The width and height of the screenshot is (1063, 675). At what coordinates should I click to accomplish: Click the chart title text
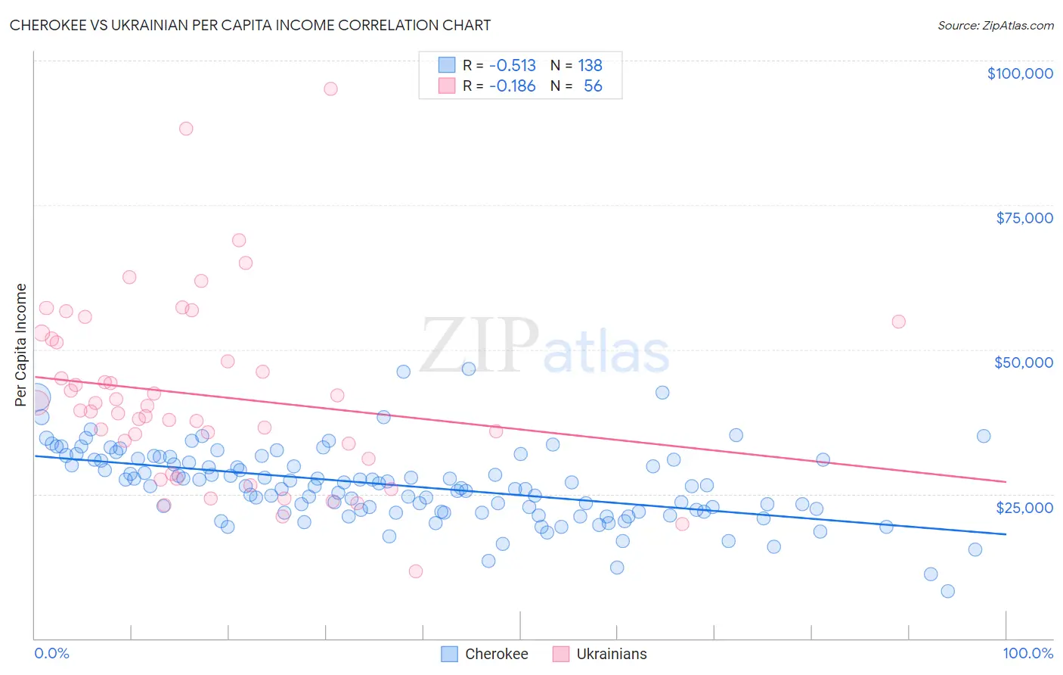click(x=250, y=25)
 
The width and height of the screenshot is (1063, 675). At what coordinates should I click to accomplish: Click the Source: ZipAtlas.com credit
click(x=995, y=25)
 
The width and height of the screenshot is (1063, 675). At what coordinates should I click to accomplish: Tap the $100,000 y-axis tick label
click(x=1020, y=73)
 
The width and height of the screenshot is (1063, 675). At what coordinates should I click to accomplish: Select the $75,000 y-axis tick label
click(x=1024, y=218)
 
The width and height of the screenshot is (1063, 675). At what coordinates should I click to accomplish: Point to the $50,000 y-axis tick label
click(x=1023, y=362)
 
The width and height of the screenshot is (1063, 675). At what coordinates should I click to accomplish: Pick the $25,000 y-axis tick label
click(x=1024, y=507)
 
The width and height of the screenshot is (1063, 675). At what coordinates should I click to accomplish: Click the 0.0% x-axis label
click(x=51, y=653)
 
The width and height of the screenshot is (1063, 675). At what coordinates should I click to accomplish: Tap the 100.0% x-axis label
click(x=1027, y=653)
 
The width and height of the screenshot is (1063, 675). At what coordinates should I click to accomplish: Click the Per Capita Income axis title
click(x=20, y=344)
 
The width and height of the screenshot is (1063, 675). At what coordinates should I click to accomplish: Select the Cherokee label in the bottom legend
click(x=496, y=654)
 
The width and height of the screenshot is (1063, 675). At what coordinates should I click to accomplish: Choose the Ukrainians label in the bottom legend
click(x=611, y=654)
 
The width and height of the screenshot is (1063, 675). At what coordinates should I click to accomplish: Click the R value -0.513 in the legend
click(x=512, y=66)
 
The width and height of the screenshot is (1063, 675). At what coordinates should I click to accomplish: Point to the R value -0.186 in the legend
click(x=512, y=86)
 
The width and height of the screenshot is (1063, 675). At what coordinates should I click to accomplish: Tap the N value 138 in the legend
click(x=590, y=66)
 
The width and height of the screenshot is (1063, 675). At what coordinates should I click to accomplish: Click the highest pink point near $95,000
click(x=330, y=89)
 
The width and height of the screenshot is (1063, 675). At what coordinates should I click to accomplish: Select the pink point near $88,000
click(x=186, y=129)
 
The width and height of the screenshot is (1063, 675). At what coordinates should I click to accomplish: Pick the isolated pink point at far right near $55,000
click(x=898, y=322)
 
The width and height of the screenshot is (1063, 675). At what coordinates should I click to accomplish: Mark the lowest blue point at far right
click(x=947, y=591)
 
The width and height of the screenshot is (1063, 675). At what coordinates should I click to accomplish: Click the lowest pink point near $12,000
click(x=415, y=571)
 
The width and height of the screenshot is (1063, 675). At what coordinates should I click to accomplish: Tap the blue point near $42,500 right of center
click(x=662, y=393)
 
